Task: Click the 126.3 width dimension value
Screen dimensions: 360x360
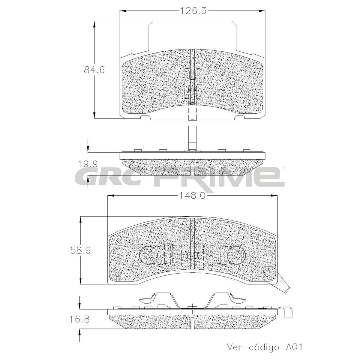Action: tap(193, 11)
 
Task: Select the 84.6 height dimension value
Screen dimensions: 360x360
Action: tap(94, 70)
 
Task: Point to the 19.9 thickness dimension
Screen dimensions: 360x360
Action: tap(88, 164)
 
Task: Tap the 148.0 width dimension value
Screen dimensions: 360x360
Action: tap(192, 196)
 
